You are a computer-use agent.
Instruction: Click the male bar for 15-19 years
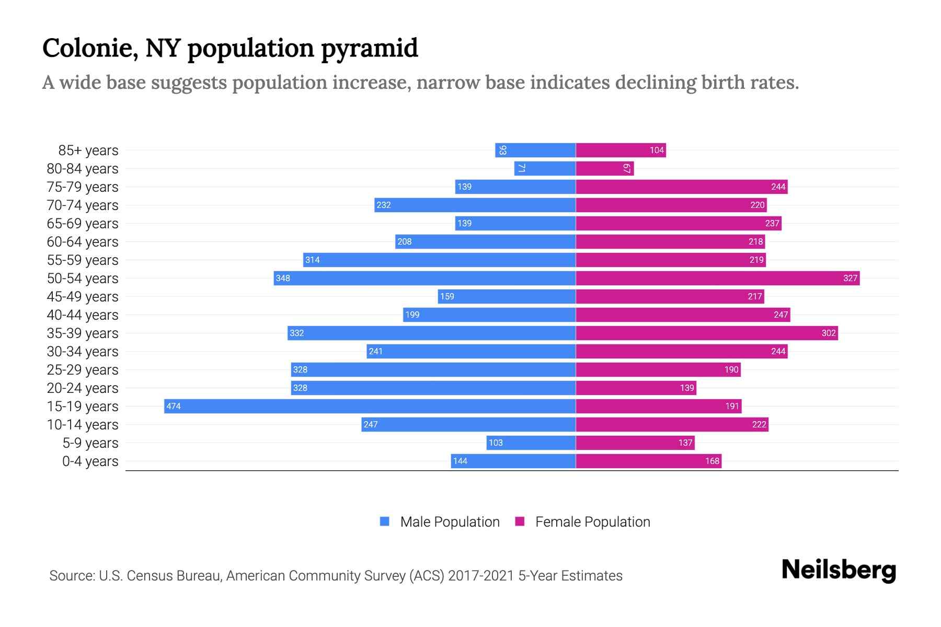(370, 406)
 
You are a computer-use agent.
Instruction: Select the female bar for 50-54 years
(717, 278)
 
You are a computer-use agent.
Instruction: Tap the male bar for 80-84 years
(545, 168)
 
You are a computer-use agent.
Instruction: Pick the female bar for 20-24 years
(636, 388)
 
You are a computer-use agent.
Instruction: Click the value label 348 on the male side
(283, 278)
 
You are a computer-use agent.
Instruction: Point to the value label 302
(828, 333)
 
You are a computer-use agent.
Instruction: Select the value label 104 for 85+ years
(657, 150)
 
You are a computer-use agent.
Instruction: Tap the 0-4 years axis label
(90, 461)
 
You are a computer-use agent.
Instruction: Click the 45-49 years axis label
(83, 297)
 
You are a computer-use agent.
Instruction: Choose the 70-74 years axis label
(83, 205)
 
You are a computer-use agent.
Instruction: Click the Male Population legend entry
(449, 522)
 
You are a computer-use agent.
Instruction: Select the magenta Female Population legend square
(520, 521)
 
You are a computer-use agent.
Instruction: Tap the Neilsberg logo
(839, 570)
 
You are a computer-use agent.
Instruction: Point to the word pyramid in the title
(369, 48)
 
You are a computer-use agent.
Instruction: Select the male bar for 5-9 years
(531, 443)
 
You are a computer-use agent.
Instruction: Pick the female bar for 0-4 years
(648, 461)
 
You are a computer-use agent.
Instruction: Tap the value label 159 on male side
(447, 296)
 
